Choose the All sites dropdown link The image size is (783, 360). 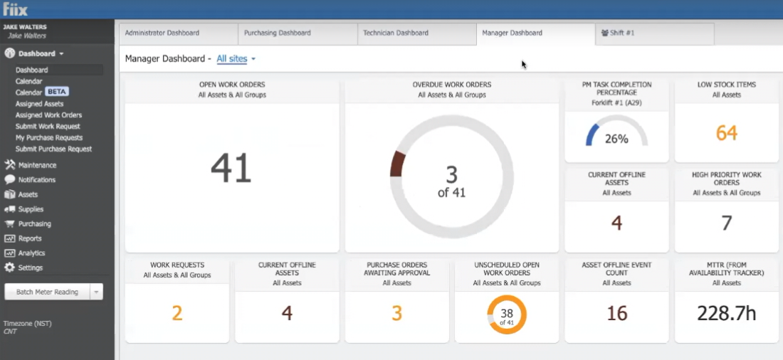point(236,59)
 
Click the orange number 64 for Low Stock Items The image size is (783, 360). point(727,133)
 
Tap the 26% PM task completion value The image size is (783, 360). point(616,139)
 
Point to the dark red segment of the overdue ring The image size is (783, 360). point(397,163)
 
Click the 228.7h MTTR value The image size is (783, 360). point(726,314)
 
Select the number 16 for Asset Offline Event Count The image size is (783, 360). point(616,314)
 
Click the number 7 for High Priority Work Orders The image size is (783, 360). point(727,223)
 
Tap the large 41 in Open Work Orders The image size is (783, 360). point(231,169)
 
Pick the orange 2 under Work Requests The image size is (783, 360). point(177,314)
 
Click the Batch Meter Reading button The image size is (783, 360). point(47,292)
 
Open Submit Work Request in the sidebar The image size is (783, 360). point(48,127)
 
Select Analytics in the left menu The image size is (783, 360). point(31,253)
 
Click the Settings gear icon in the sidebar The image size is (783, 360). point(9,268)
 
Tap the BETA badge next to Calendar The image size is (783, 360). point(56,92)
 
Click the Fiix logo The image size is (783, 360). point(16,9)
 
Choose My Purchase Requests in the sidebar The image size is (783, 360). point(49,138)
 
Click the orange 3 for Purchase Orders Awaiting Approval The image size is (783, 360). point(396,314)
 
